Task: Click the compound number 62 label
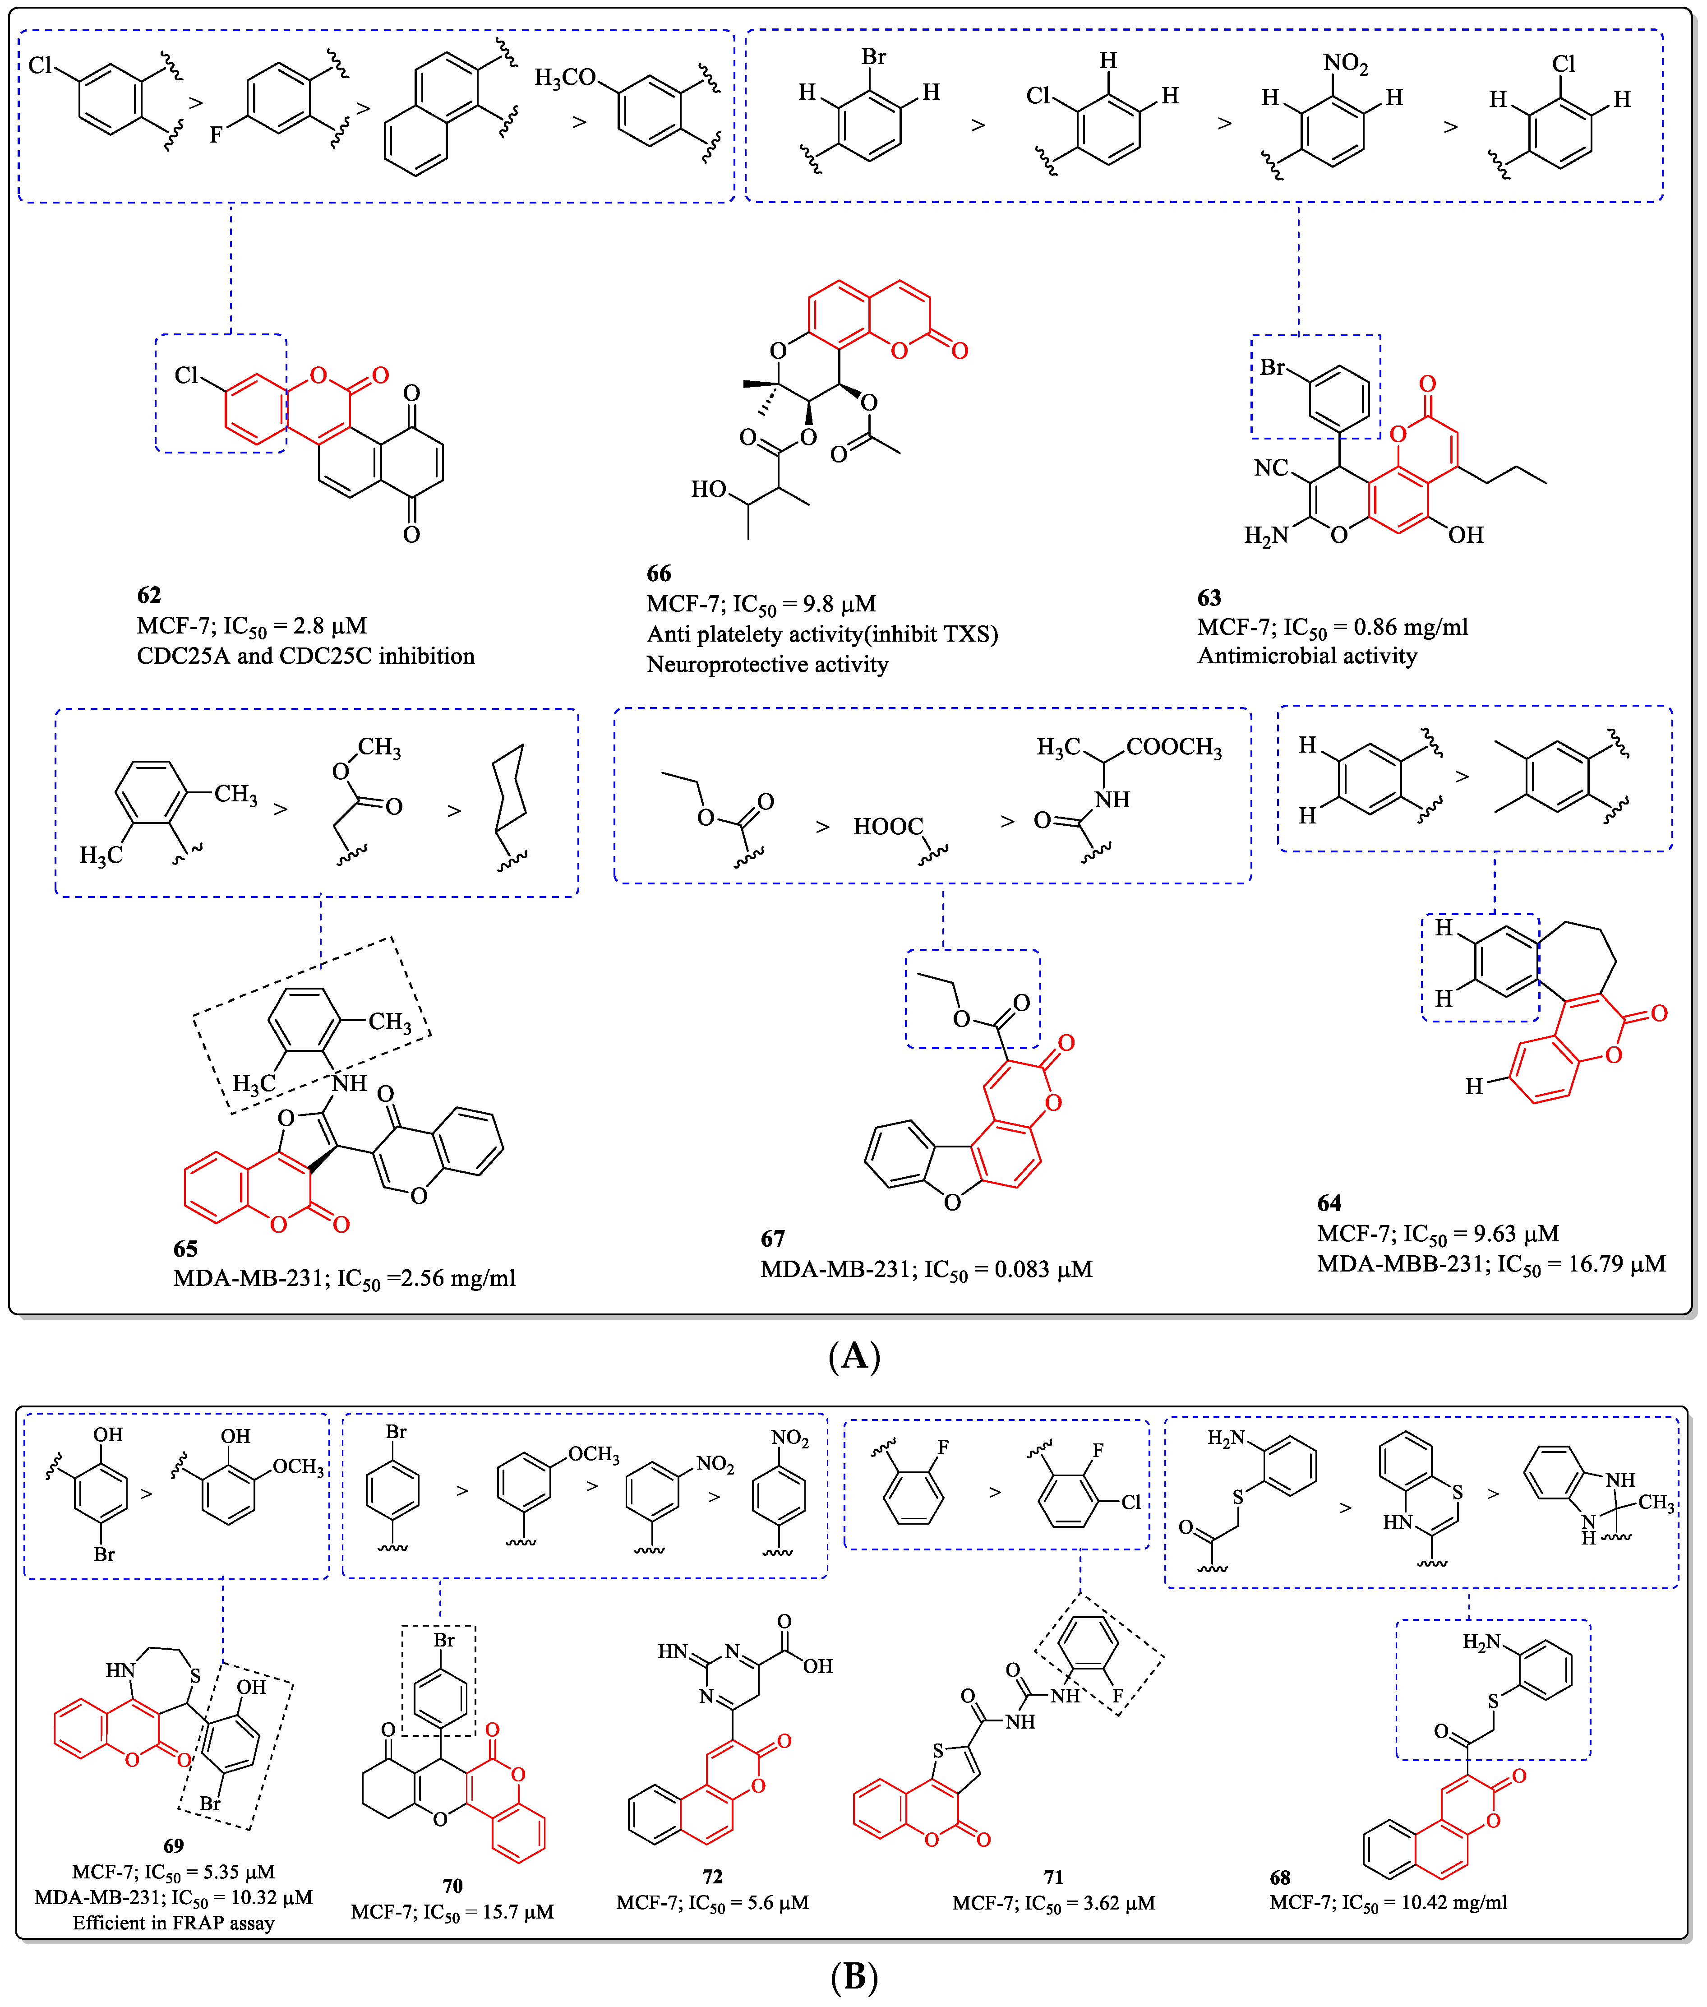click(149, 594)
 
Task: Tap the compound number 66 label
click(659, 573)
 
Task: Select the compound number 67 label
click(772, 1238)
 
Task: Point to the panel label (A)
click(853, 1355)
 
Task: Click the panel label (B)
click(853, 1975)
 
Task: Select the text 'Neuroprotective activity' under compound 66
click(767, 664)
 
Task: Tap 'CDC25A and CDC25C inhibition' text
click(306, 656)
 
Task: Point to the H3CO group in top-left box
click(565, 78)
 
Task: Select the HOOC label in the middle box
click(887, 827)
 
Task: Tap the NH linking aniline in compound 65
click(349, 1083)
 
